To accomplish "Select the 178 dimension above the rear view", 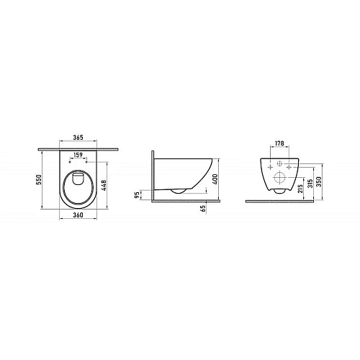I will (280, 143).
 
